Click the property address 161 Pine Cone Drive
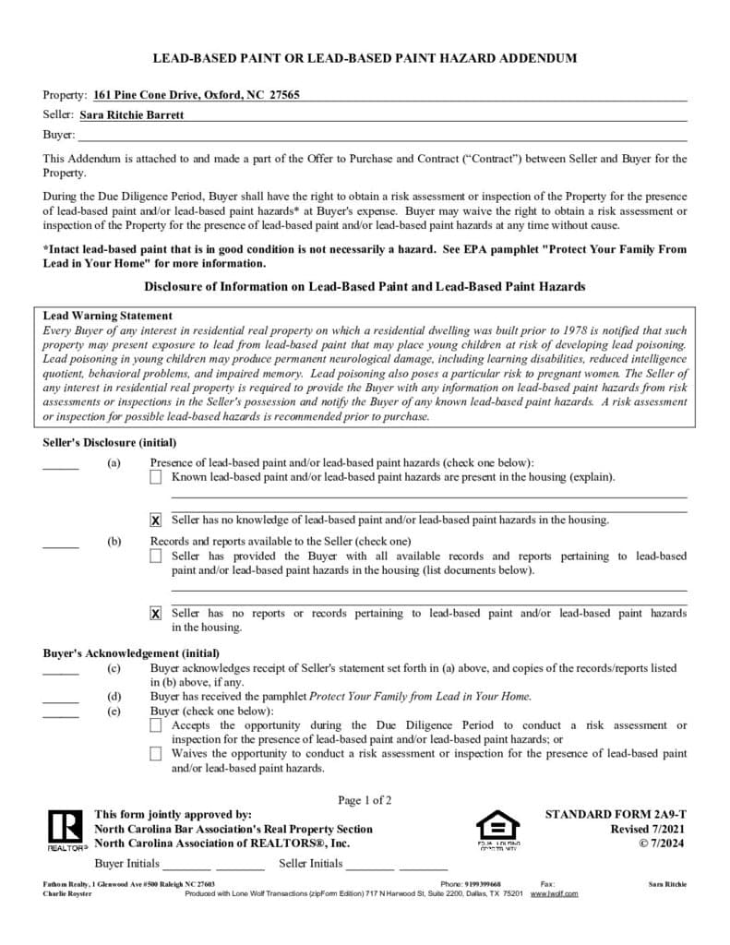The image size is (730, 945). coord(196,95)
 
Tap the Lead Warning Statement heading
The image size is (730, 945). coord(108,316)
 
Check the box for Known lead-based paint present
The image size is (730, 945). coord(155,477)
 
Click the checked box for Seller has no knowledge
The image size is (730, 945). coord(155,520)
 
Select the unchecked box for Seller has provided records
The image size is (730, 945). coord(155,556)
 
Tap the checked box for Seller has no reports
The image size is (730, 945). coord(155,614)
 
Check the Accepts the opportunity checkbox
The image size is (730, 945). coord(155,726)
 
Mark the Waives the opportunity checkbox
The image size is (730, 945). coord(155,754)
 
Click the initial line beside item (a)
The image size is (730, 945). coord(61,468)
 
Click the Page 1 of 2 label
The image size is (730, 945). coord(365,800)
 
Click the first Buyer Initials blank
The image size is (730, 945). coord(186,867)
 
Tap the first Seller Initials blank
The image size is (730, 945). coord(370,867)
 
